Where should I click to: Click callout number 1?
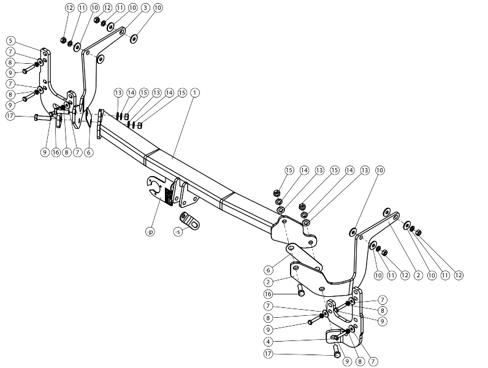point(195,93)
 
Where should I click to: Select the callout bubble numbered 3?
point(146,7)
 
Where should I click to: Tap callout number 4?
point(269,342)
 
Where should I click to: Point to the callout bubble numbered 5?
point(10,40)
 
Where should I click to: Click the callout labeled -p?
point(150,232)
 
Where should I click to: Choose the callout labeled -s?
point(178,232)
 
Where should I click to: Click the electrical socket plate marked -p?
point(161,190)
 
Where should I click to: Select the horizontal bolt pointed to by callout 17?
point(44,118)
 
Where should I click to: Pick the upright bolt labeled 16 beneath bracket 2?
point(301,290)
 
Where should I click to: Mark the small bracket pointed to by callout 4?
point(333,335)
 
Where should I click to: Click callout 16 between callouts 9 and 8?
point(56,152)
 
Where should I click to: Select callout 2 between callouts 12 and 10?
point(418,275)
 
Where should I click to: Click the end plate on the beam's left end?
point(100,124)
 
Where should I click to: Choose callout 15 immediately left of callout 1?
point(182,93)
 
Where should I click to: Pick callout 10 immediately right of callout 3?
point(158,7)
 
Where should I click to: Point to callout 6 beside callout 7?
point(89,152)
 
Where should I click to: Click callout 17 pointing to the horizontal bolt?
point(10,116)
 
